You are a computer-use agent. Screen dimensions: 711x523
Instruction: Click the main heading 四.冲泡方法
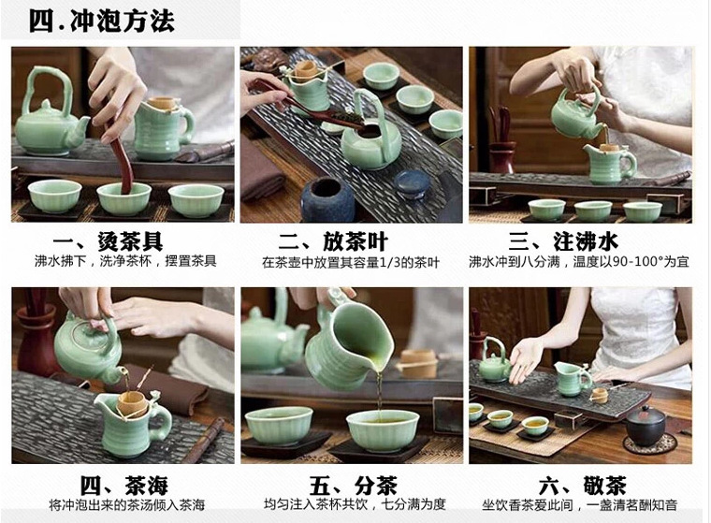click(x=102, y=21)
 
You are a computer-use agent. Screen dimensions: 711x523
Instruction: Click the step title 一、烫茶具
click(x=108, y=240)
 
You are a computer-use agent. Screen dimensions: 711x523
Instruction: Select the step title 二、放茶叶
click(x=333, y=241)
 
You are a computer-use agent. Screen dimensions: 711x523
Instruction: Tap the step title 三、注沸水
click(x=563, y=241)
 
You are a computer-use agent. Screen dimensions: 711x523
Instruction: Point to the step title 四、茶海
click(x=124, y=485)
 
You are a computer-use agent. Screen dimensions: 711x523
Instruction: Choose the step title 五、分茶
click(x=354, y=485)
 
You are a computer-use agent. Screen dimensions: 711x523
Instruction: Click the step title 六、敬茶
click(x=583, y=485)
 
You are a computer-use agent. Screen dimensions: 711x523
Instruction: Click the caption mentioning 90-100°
click(x=579, y=262)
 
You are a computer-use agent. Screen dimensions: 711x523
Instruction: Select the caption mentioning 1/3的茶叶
click(x=351, y=263)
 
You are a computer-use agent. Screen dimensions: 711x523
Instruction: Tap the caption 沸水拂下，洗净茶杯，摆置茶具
click(x=125, y=261)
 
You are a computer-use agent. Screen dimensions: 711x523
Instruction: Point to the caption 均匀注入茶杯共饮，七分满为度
click(x=355, y=504)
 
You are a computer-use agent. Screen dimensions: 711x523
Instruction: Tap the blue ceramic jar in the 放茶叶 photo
click(x=327, y=199)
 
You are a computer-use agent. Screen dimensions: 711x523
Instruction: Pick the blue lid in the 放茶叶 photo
click(x=413, y=183)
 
